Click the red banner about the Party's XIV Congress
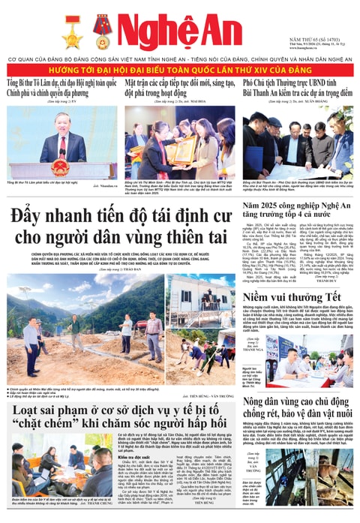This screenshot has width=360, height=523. click(180, 69)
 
